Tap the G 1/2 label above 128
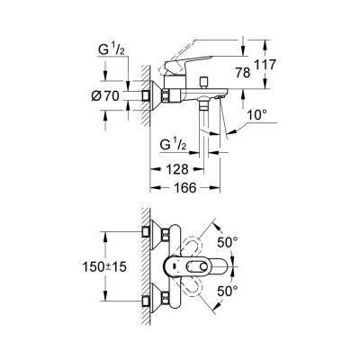(x=174, y=144)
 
